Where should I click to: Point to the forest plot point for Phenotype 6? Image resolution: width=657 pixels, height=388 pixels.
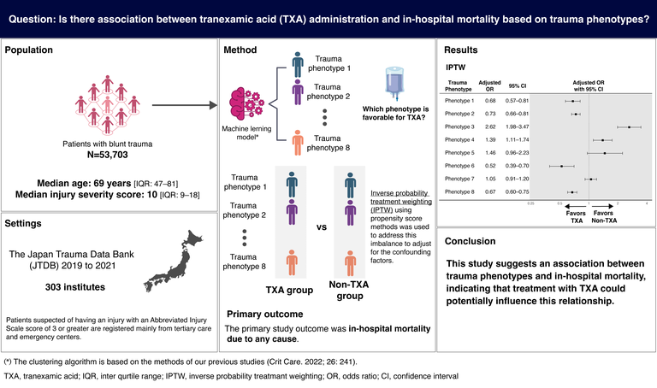(x=561, y=165)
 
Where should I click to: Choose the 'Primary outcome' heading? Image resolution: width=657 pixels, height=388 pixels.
(x=266, y=312)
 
